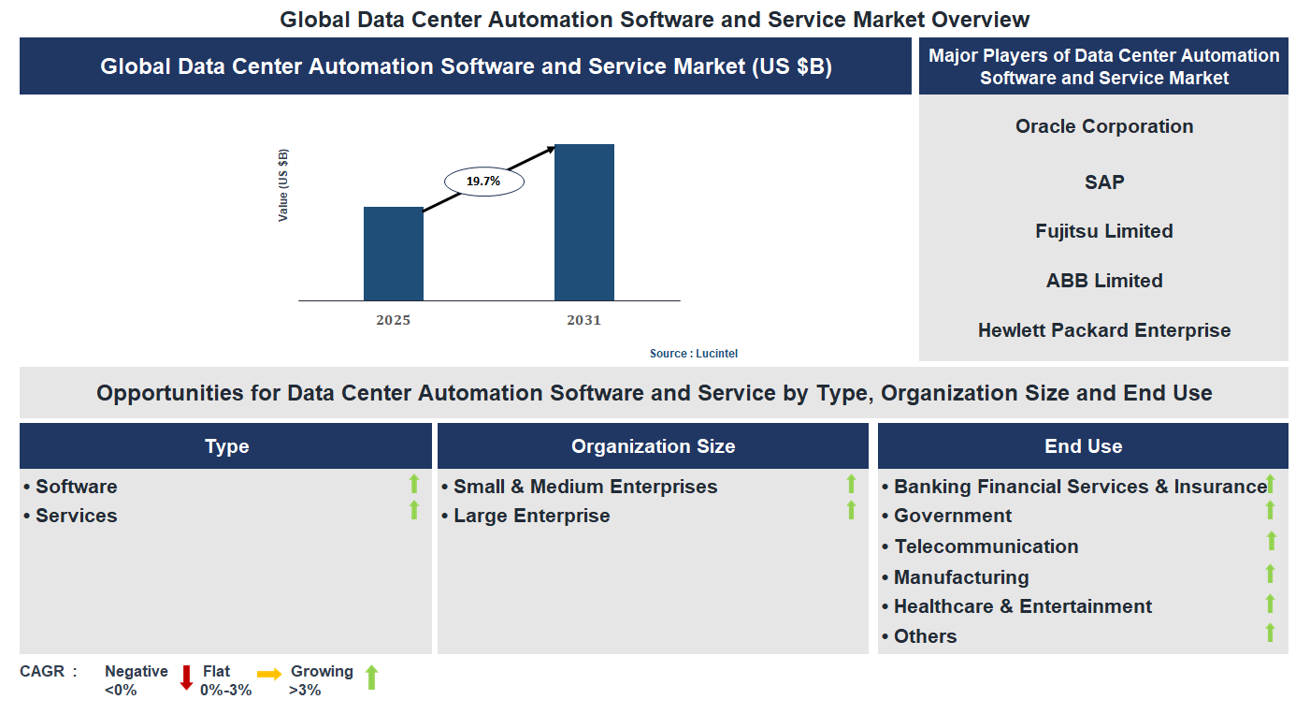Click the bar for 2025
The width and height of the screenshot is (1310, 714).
(393, 254)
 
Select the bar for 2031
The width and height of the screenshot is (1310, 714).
(583, 223)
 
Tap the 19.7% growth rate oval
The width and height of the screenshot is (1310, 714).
(483, 182)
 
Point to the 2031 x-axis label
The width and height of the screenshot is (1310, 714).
(583, 320)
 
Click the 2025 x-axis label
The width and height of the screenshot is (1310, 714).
(393, 320)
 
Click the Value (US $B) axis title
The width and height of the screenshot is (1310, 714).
(283, 185)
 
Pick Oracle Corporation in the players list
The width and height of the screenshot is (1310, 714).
(1103, 126)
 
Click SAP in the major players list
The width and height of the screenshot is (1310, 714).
(1103, 182)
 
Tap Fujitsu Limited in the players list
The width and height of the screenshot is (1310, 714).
(1103, 231)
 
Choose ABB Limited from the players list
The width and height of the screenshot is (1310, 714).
(1103, 281)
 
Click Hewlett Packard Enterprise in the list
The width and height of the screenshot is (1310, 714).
(1103, 330)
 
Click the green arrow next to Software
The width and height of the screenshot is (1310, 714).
(414, 484)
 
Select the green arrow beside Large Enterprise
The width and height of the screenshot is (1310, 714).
(851, 510)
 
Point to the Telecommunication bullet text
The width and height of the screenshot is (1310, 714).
(986, 546)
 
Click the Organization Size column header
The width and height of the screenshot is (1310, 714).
(653, 446)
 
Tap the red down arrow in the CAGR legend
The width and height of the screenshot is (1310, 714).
(186, 678)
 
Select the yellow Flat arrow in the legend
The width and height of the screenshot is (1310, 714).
(269, 674)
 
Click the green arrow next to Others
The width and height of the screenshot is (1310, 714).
(1270, 633)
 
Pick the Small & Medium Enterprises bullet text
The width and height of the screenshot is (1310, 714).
(584, 487)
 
